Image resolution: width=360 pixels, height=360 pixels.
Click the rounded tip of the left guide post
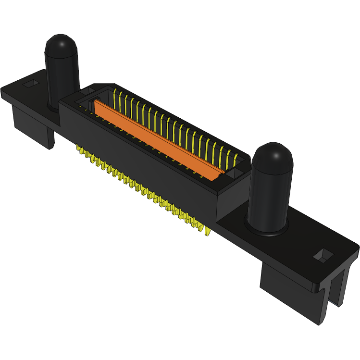(x=62, y=43)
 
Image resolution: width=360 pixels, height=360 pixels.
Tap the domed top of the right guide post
(x=273, y=153)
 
